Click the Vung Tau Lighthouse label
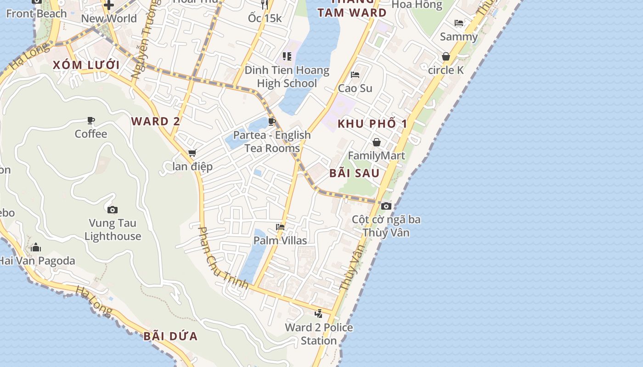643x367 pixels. coord(113,230)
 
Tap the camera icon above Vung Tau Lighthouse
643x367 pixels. coord(113,210)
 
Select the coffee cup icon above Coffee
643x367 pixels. coord(91,121)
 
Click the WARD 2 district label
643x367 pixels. coord(156,122)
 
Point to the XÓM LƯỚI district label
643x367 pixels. coord(86,65)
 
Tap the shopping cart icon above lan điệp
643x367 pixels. coord(192,153)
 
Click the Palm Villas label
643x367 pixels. coord(280,240)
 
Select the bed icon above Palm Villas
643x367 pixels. coord(280,227)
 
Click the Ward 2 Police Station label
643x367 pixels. coord(319,334)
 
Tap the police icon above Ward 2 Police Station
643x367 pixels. coord(319,314)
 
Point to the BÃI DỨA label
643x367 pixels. coord(170,336)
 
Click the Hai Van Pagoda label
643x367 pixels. coord(37,261)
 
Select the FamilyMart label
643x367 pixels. coord(377,156)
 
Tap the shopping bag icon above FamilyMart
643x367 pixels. coord(377,142)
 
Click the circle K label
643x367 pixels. coord(446,70)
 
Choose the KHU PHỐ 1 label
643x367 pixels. coord(372,124)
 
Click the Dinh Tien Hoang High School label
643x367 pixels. coord(287,77)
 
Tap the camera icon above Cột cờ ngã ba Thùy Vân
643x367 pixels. coord(386,206)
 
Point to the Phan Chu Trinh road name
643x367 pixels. coord(223,258)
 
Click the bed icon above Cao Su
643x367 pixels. coord(355,75)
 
